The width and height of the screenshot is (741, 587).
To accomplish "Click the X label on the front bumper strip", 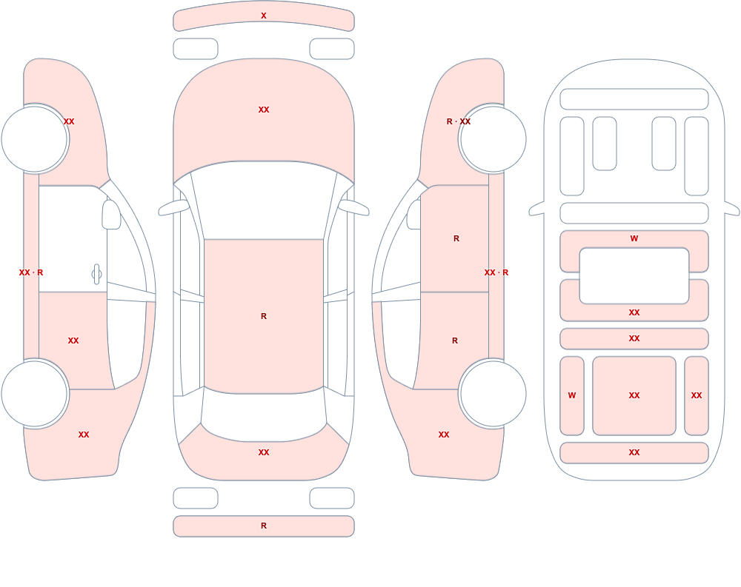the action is click(264, 16).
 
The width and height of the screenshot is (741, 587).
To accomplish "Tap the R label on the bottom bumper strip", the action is click(264, 526).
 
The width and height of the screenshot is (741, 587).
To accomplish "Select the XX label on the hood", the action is click(264, 110).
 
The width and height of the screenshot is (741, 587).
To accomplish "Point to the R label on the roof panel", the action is click(264, 316).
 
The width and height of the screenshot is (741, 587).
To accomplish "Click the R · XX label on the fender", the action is click(459, 121).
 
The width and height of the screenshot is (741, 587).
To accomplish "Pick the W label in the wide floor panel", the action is click(634, 238).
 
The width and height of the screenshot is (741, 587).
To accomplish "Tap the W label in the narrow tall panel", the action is click(572, 395).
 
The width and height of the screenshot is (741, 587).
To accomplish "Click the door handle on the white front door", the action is click(96, 275).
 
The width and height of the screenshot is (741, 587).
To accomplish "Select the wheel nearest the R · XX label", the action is click(493, 139).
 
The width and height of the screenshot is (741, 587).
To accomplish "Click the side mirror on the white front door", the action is click(112, 215).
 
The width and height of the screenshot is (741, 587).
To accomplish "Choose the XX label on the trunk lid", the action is click(264, 452).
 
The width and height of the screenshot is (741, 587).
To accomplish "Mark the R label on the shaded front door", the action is click(456, 238).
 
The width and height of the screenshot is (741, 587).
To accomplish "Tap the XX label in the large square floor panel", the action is click(634, 395).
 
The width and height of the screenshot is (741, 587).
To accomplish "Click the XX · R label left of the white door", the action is click(30, 272).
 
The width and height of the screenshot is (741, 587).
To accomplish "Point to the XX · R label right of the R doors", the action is click(496, 272).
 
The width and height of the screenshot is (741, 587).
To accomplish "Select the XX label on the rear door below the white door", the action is click(73, 341).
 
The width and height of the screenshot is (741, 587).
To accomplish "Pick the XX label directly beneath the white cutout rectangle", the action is click(634, 312).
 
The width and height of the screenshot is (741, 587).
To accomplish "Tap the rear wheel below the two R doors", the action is click(493, 393).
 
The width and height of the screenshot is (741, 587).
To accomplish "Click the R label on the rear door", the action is click(455, 341).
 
